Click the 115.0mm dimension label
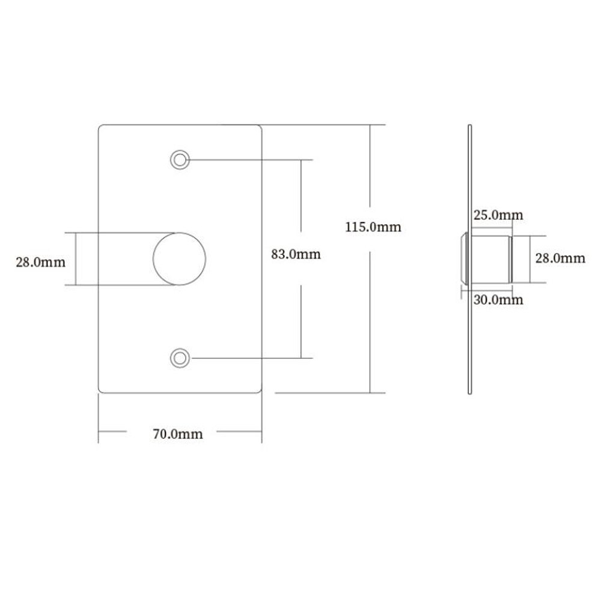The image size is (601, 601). tap(373, 227)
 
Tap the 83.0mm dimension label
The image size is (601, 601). tap(296, 254)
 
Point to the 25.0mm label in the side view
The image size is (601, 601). tap(498, 215)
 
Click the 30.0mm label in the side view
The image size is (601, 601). tap(498, 299)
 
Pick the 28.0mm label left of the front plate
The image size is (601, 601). tap(40, 261)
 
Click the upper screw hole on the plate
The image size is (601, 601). tap(179, 159)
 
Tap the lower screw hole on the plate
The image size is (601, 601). tap(179, 358)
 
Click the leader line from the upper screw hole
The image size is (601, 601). tap(246, 159)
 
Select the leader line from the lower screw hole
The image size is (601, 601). tap(246, 358)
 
